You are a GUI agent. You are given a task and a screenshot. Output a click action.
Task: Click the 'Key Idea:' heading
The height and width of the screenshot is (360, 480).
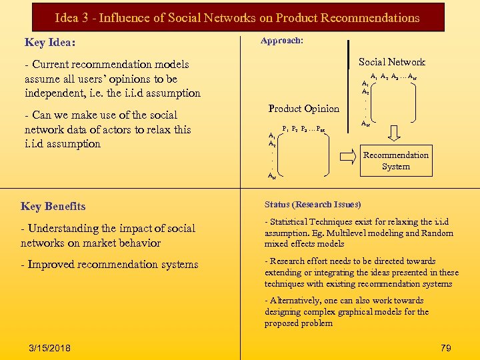click(50, 43)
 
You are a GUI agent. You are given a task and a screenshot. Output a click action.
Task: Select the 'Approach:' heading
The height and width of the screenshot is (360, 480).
click(282, 41)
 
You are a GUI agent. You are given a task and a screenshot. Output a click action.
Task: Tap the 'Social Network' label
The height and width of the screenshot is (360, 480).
click(391, 62)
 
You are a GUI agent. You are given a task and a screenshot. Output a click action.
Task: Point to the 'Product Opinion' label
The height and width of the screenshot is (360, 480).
click(303, 109)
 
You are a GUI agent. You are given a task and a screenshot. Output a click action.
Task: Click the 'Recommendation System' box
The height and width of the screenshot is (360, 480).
click(396, 161)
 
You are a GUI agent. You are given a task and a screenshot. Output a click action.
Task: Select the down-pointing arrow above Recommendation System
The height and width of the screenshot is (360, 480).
click(395, 133)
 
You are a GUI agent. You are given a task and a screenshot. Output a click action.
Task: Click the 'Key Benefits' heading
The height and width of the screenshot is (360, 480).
click(53, 207)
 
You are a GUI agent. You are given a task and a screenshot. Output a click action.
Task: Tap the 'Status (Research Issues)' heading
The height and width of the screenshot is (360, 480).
click(313, 205)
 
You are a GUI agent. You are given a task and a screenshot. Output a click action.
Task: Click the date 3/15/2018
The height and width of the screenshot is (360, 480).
click(51, 348)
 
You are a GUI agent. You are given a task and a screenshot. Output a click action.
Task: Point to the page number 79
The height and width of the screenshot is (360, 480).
click(446, 347)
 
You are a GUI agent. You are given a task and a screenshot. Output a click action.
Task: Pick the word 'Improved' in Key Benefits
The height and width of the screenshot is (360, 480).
click(52, 265)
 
